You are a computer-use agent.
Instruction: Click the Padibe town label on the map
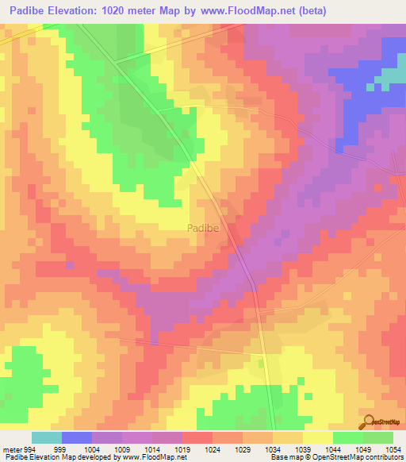click(203, 228)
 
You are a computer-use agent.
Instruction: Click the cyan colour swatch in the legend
click(46, 437)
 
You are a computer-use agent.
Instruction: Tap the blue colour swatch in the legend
click(76, 437)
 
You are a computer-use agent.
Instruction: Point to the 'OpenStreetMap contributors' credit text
click(366, 457)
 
